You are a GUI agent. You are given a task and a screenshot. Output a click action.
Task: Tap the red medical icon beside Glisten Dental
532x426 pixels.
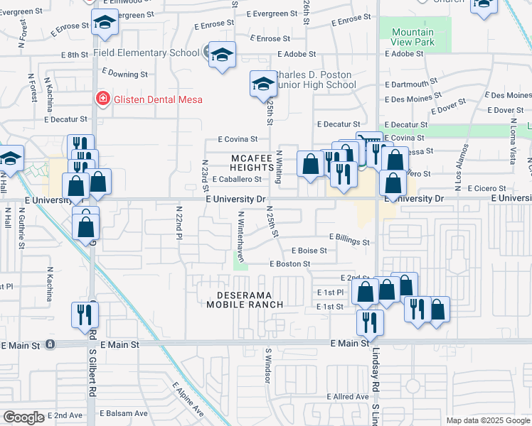tap(103, 99)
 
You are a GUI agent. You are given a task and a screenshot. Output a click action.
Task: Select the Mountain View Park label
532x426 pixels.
tap(413, 38)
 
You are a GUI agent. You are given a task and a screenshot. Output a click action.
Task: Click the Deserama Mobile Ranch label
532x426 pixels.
tap(245, 299)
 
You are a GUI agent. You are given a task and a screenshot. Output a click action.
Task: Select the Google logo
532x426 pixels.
tap(23, 417)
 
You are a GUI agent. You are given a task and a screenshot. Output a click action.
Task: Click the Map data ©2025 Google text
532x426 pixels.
tap(488, 420)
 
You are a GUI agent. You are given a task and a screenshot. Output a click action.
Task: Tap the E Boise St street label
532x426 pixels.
tap(309, 251)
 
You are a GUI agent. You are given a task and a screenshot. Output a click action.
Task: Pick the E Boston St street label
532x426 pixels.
tap(289, 263)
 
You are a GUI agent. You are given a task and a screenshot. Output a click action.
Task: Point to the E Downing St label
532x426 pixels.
tap(124, 72)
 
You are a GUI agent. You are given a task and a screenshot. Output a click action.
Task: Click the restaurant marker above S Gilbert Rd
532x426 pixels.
tap(85, 314)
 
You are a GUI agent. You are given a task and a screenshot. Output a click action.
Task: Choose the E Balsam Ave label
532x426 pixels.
tap(123, 413)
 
